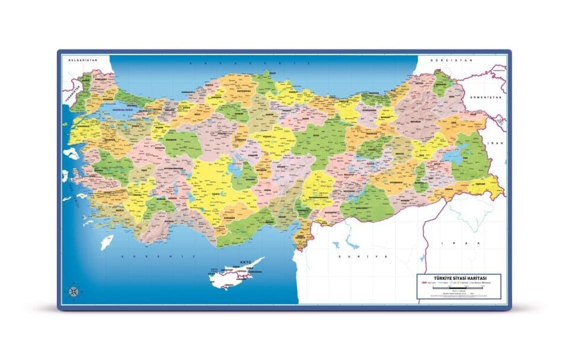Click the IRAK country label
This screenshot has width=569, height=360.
pos(455,243)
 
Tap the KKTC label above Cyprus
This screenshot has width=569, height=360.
pos(246,262)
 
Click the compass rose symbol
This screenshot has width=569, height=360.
pos(73,291)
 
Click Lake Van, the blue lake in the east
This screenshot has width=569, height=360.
pos(454,157)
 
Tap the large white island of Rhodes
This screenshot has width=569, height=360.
pos(107,242)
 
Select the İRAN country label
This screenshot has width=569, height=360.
pos(498,143)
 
